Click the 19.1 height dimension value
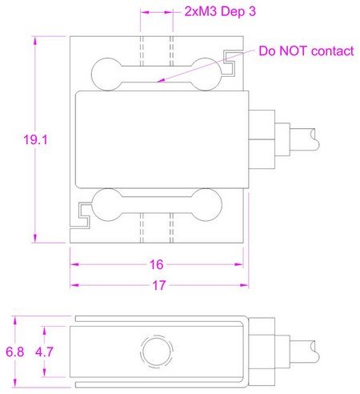tap(35, 140)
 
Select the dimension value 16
tap(156, 264)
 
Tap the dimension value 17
tap(159, 285)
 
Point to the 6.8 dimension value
tap(15, 352)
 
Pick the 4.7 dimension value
tap(45, 352)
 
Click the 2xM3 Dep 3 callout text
tap(220, 11)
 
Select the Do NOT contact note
tap(306, 50)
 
